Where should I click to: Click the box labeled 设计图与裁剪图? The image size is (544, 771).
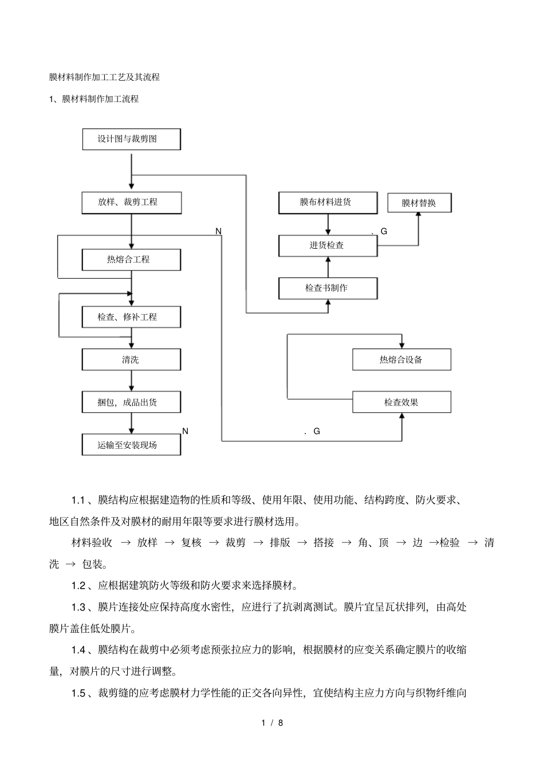coord(131,139)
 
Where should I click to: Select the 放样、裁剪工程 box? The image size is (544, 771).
coord(131,202)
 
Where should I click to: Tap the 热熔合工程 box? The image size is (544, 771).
coord(131,260)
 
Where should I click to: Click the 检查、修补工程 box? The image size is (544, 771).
coord(131,317)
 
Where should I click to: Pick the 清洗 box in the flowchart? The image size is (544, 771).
coord(131,360)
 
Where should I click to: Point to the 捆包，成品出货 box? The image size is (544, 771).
coord(131,402)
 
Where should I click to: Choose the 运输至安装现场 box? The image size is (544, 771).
coord(131,445)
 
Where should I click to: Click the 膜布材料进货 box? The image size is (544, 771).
coord(328,202)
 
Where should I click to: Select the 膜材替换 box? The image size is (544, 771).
coord(419,203)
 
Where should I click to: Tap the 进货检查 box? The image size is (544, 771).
coord(328,245)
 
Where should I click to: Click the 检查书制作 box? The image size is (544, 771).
coord(328,288)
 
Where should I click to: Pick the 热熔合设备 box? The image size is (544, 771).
coord(401,360)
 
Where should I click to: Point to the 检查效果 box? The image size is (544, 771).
coord(401,402)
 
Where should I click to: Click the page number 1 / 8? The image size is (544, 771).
coord(272,723)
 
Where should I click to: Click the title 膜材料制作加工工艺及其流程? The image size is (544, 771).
coord(104,77)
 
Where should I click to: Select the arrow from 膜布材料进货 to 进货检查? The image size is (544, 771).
coord(328,224)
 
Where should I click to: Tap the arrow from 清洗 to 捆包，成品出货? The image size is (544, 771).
coord(132,381)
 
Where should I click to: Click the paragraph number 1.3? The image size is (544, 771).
coord(78,607)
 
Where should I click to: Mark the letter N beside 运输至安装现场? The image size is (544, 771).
coord(185,431)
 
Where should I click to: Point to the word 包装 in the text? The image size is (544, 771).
coord(92,564)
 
